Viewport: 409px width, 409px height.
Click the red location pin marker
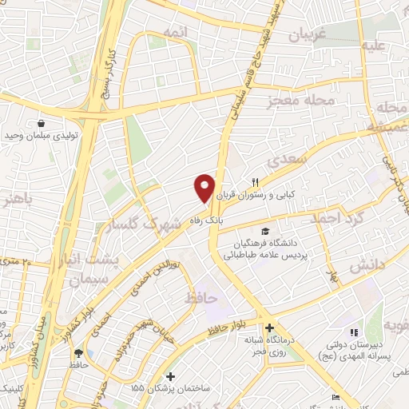205,188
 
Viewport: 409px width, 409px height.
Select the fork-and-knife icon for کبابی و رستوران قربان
256,181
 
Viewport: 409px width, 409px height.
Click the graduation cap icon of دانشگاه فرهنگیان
264,231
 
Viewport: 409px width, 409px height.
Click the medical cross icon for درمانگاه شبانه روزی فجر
270,328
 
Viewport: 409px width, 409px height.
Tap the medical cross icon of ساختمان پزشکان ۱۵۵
169,375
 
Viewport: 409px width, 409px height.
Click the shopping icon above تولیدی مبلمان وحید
40,124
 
